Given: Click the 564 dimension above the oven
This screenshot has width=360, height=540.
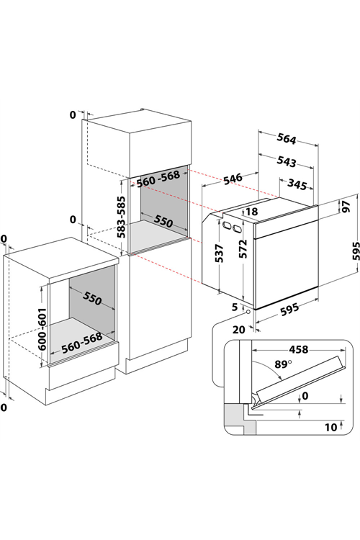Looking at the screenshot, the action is (x=287, y=139).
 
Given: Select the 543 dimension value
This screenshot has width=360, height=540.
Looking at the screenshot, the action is (x=287, y=161).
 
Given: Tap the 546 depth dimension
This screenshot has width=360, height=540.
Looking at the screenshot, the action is (x=233, y=179).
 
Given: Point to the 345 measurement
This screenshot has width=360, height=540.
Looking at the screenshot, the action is (x=297, y=184).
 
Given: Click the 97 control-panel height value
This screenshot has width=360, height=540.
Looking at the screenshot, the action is (x=346, y=206).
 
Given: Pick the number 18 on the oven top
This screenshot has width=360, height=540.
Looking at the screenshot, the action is (x=252, y=212).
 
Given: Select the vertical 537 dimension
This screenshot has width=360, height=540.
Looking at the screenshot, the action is (x=219, y=253).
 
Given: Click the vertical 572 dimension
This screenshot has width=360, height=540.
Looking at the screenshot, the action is (x=243, y=248).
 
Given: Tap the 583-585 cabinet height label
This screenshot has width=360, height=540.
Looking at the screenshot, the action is (x=121, y=217).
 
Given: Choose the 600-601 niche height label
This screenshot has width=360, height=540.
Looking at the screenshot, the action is (x=42, y=329).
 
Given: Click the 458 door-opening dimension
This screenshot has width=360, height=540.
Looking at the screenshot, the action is (x=298, y=349).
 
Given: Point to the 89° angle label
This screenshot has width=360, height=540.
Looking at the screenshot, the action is (x=283, y=364).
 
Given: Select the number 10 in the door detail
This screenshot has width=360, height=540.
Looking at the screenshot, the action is (x=330, y=428).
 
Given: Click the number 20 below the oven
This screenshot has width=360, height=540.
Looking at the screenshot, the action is (x=239, y=330).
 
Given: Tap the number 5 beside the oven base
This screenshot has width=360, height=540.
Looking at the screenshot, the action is (x=235, y=307).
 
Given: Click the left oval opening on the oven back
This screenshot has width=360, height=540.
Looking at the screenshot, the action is (x=227, y=225).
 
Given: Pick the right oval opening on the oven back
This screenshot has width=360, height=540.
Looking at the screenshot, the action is (x=237, y=228).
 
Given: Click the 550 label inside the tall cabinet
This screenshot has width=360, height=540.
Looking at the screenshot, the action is (x=163, y=221).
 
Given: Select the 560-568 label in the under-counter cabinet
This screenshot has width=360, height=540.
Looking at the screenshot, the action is (x=82, y=343).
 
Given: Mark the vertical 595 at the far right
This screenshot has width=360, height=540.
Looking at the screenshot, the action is (x=356, y=251).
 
